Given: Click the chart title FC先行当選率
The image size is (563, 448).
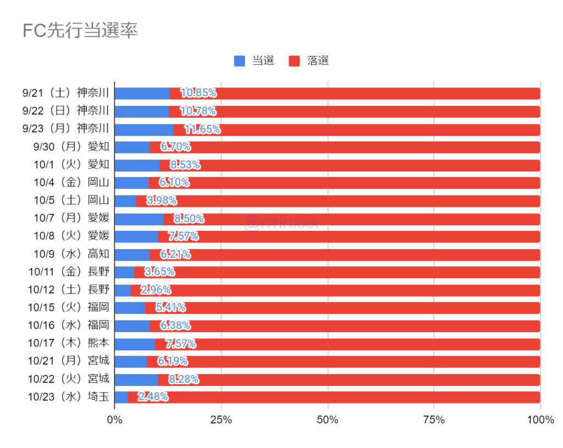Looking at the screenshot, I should click(80, 30).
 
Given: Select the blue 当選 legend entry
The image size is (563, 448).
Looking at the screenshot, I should click(254, 61).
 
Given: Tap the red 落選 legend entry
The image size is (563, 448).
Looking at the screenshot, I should click(309, 61).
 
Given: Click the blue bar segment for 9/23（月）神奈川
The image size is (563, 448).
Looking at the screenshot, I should click(144, 130).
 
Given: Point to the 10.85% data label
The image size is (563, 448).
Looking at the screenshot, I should click(198, 93).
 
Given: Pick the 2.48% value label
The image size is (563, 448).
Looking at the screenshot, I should click(153, 397).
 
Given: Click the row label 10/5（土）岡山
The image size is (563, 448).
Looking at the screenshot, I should click(71, 201).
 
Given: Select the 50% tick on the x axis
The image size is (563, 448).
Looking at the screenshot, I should click(328, 421).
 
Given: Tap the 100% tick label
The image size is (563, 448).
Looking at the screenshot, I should click(540, 421).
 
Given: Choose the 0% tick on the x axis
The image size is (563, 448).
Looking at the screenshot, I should click(114, 421).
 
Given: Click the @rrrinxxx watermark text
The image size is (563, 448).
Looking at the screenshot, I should click(281, 223).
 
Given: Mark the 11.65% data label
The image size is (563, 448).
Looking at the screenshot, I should click(202, 130).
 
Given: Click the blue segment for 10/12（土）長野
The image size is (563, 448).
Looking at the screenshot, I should click(123, 290).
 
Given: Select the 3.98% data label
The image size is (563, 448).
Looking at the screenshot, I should click(161, 201).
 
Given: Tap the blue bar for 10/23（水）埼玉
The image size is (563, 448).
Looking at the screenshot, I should click(121, 397).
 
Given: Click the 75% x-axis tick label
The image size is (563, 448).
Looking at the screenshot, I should click(434, 421).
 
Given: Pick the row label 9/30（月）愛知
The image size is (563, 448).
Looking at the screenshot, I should click(71, 147).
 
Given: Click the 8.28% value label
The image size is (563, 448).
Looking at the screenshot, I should click(183, 379).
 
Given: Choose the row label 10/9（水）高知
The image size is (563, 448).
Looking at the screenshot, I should click(71, 255).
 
